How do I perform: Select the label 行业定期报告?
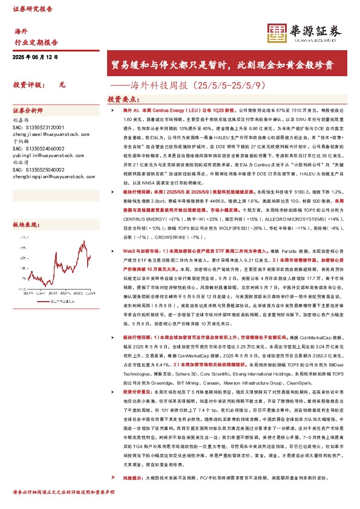(x=36, y=43)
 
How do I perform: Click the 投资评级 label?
(x=28, y=86)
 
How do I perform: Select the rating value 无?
(x=62, y=86)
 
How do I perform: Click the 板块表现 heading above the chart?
(x=25, y=208)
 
